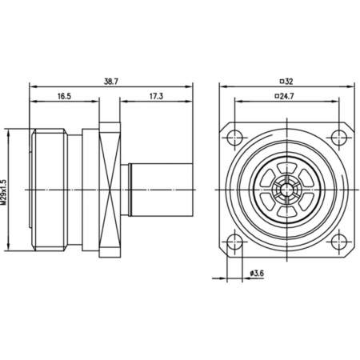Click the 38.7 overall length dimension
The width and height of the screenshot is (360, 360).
point(111,81)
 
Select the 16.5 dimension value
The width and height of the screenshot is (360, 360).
point(64,96)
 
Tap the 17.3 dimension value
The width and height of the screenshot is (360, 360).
point(157,96)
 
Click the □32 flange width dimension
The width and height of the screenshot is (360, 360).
point(287,81)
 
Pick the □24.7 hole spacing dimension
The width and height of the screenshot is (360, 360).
point(287,96)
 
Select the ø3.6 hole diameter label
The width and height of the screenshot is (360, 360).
point(255,274)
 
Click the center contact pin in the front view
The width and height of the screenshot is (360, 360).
point(286,189)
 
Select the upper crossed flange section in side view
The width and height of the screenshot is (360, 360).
point(109,144)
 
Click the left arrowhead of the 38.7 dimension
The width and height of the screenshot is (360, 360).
point(33,86)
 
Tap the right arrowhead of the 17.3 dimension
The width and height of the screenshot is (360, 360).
point(192,102)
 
